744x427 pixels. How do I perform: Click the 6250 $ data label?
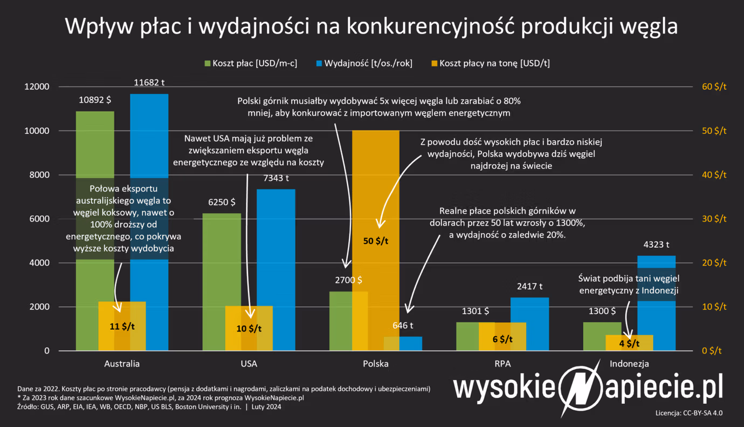click(222, 202)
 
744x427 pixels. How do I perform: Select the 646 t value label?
click(403, 326)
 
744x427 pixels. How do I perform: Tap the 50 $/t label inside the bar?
click(376, 241)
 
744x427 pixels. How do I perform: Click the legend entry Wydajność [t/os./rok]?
click(364, 63)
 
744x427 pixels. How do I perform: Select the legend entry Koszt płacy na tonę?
click(490, 63)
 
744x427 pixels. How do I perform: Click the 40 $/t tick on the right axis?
click(713, 175)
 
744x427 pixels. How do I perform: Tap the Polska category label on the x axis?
click(376, 364)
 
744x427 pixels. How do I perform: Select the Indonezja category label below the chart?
click(629, 364)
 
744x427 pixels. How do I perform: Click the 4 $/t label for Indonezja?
click(629, 343)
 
